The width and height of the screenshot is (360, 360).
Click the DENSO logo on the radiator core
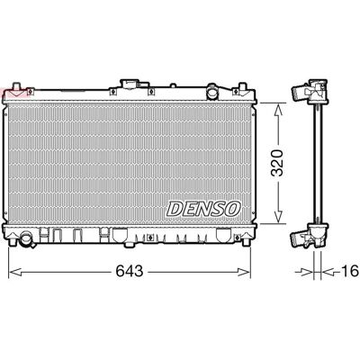coord(203,209)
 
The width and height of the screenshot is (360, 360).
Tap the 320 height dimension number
coord(277,163)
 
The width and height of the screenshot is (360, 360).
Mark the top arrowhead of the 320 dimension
coord(279,111)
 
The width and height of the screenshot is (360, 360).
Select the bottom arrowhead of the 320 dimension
coord(279,216)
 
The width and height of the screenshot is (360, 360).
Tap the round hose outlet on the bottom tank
coord(27,238)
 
